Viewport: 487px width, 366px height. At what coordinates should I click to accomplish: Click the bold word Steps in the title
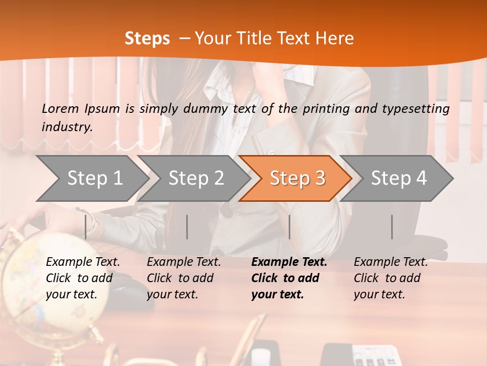point(147,39)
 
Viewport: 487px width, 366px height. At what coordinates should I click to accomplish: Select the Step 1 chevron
point(94,178)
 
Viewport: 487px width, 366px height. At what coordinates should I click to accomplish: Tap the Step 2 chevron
point(196,178)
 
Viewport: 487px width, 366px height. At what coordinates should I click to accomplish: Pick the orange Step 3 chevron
point(297,178)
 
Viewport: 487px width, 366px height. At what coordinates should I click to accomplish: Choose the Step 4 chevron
point(399,178)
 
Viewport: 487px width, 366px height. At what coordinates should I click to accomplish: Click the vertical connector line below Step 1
point(85,227)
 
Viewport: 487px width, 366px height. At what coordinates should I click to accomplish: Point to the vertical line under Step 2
point(187,227)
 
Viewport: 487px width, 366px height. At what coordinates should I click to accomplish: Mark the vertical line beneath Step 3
point(289,227)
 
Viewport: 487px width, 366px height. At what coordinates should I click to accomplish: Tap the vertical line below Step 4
point(392,227)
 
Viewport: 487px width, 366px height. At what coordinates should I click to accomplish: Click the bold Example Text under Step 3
point(289,262)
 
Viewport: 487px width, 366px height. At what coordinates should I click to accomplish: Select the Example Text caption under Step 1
point(83,262)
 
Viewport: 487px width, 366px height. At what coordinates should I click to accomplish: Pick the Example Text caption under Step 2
point(184,262)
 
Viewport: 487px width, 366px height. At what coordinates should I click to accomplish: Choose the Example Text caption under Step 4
point(391,262)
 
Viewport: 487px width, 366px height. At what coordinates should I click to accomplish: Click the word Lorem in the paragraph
point(60,108)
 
